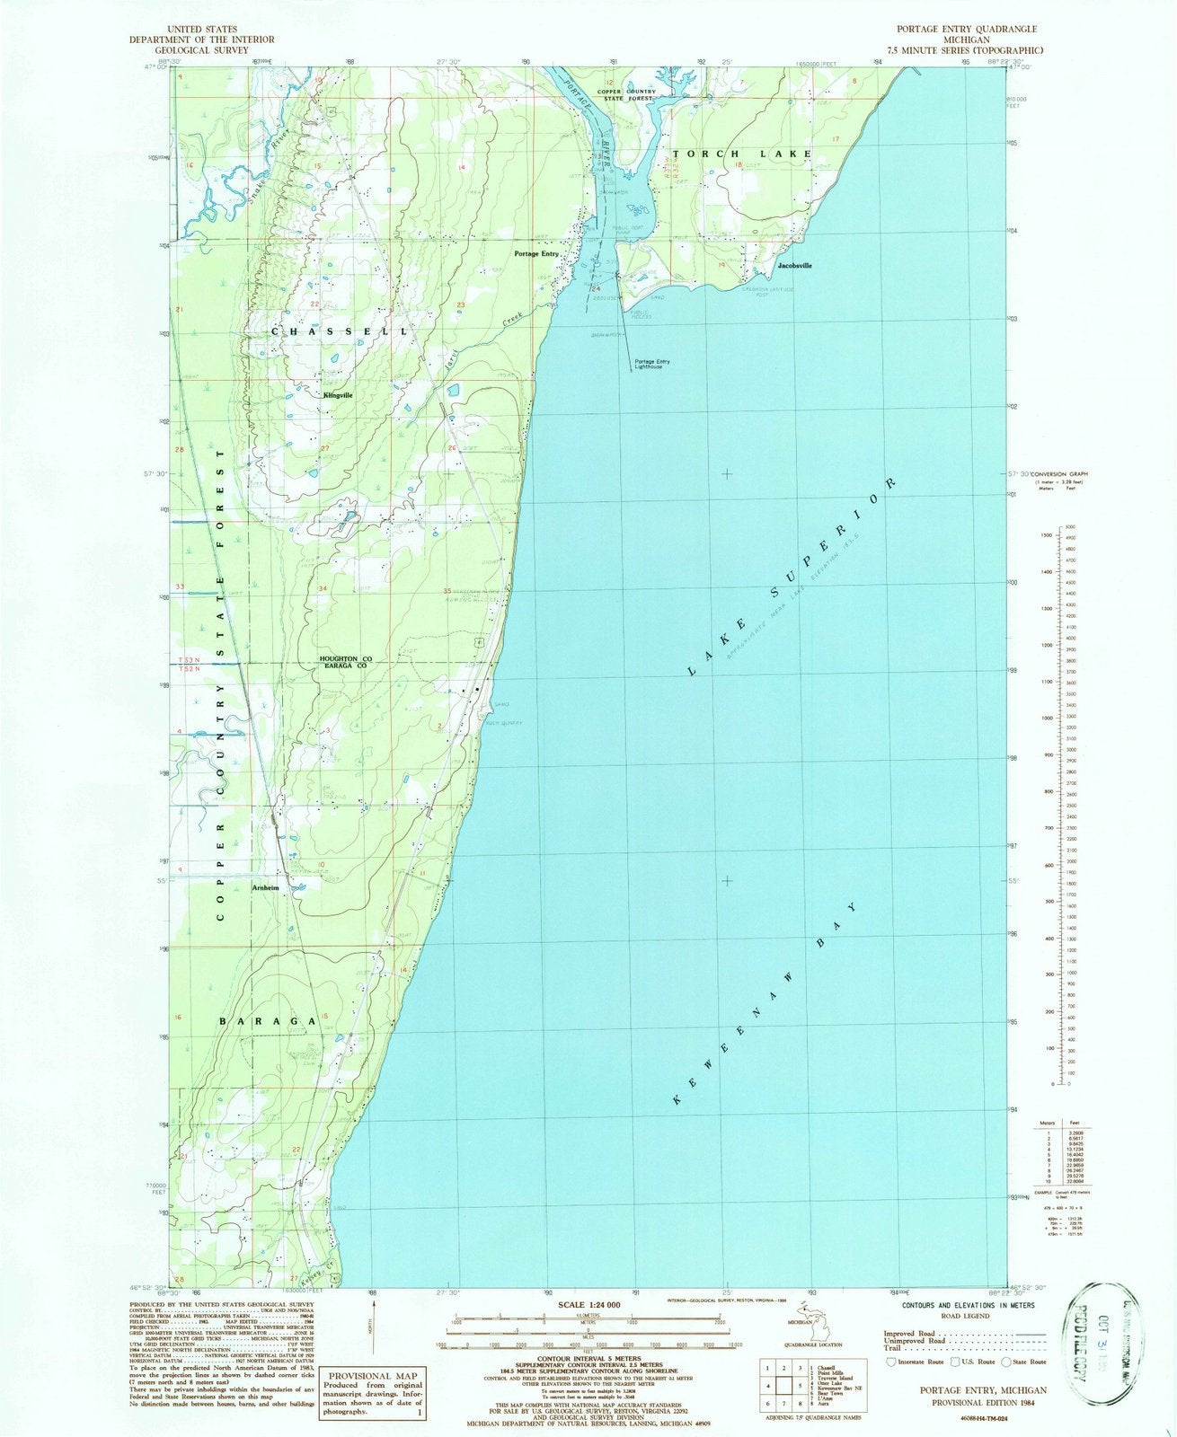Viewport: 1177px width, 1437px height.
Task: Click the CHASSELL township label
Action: coord(338,331)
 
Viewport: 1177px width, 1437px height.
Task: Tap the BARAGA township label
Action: coord(269,1021)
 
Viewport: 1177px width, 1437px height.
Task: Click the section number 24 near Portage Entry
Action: coord(596,287)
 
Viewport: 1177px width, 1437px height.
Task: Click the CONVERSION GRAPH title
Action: coord(1058,474)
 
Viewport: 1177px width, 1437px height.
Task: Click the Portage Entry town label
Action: coord(536,254)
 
